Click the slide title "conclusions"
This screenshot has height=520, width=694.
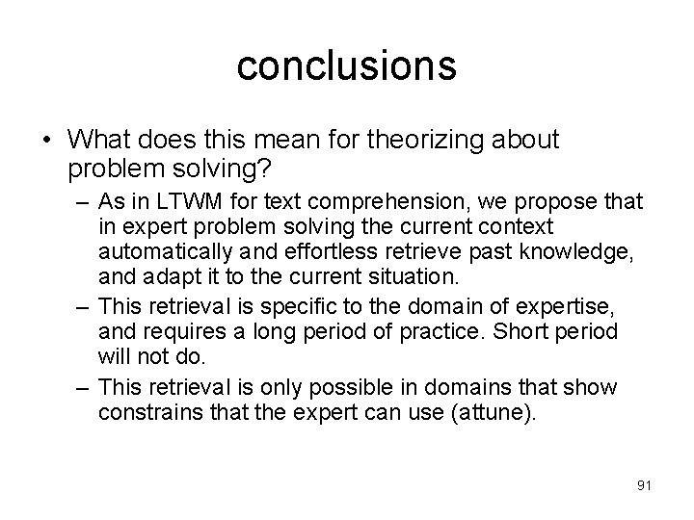point(346,65)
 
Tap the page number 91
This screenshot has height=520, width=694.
point(644,484)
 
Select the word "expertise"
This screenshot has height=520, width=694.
point(564,305)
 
